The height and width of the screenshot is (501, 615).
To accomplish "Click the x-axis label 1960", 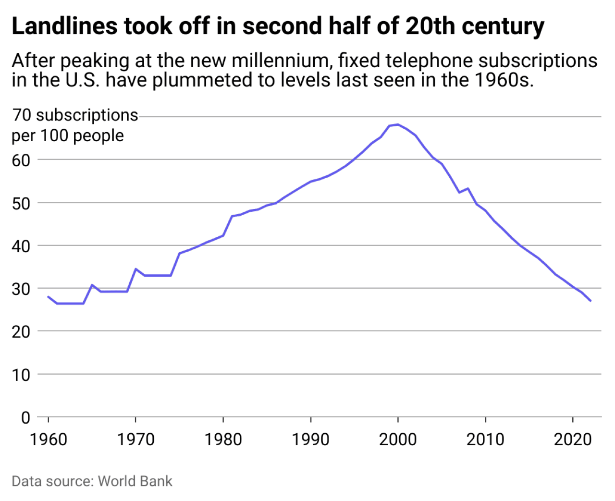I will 49,439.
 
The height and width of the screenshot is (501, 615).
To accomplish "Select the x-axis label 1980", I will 223,439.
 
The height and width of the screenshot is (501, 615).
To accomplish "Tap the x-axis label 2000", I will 398,439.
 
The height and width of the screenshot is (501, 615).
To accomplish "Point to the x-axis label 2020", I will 573,439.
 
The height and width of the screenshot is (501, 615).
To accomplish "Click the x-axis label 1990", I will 311,439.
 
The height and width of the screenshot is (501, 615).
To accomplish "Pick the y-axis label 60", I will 21,160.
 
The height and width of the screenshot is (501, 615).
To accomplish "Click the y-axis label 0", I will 26,417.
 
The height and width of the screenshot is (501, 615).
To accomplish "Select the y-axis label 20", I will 21,331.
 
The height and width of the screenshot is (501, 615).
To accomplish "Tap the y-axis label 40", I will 21,246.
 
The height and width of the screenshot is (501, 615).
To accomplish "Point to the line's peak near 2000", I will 397,124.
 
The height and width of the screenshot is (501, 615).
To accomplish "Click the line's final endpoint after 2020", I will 590,301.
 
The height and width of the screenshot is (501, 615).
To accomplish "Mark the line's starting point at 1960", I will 49,297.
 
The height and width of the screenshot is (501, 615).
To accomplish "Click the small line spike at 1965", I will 92,285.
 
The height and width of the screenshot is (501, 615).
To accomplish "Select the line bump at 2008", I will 468,188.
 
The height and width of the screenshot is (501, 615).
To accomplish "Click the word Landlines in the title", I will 64,26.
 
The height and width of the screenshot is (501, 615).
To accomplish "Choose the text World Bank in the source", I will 135,481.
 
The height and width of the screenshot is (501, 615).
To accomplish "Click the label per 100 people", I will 68,136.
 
